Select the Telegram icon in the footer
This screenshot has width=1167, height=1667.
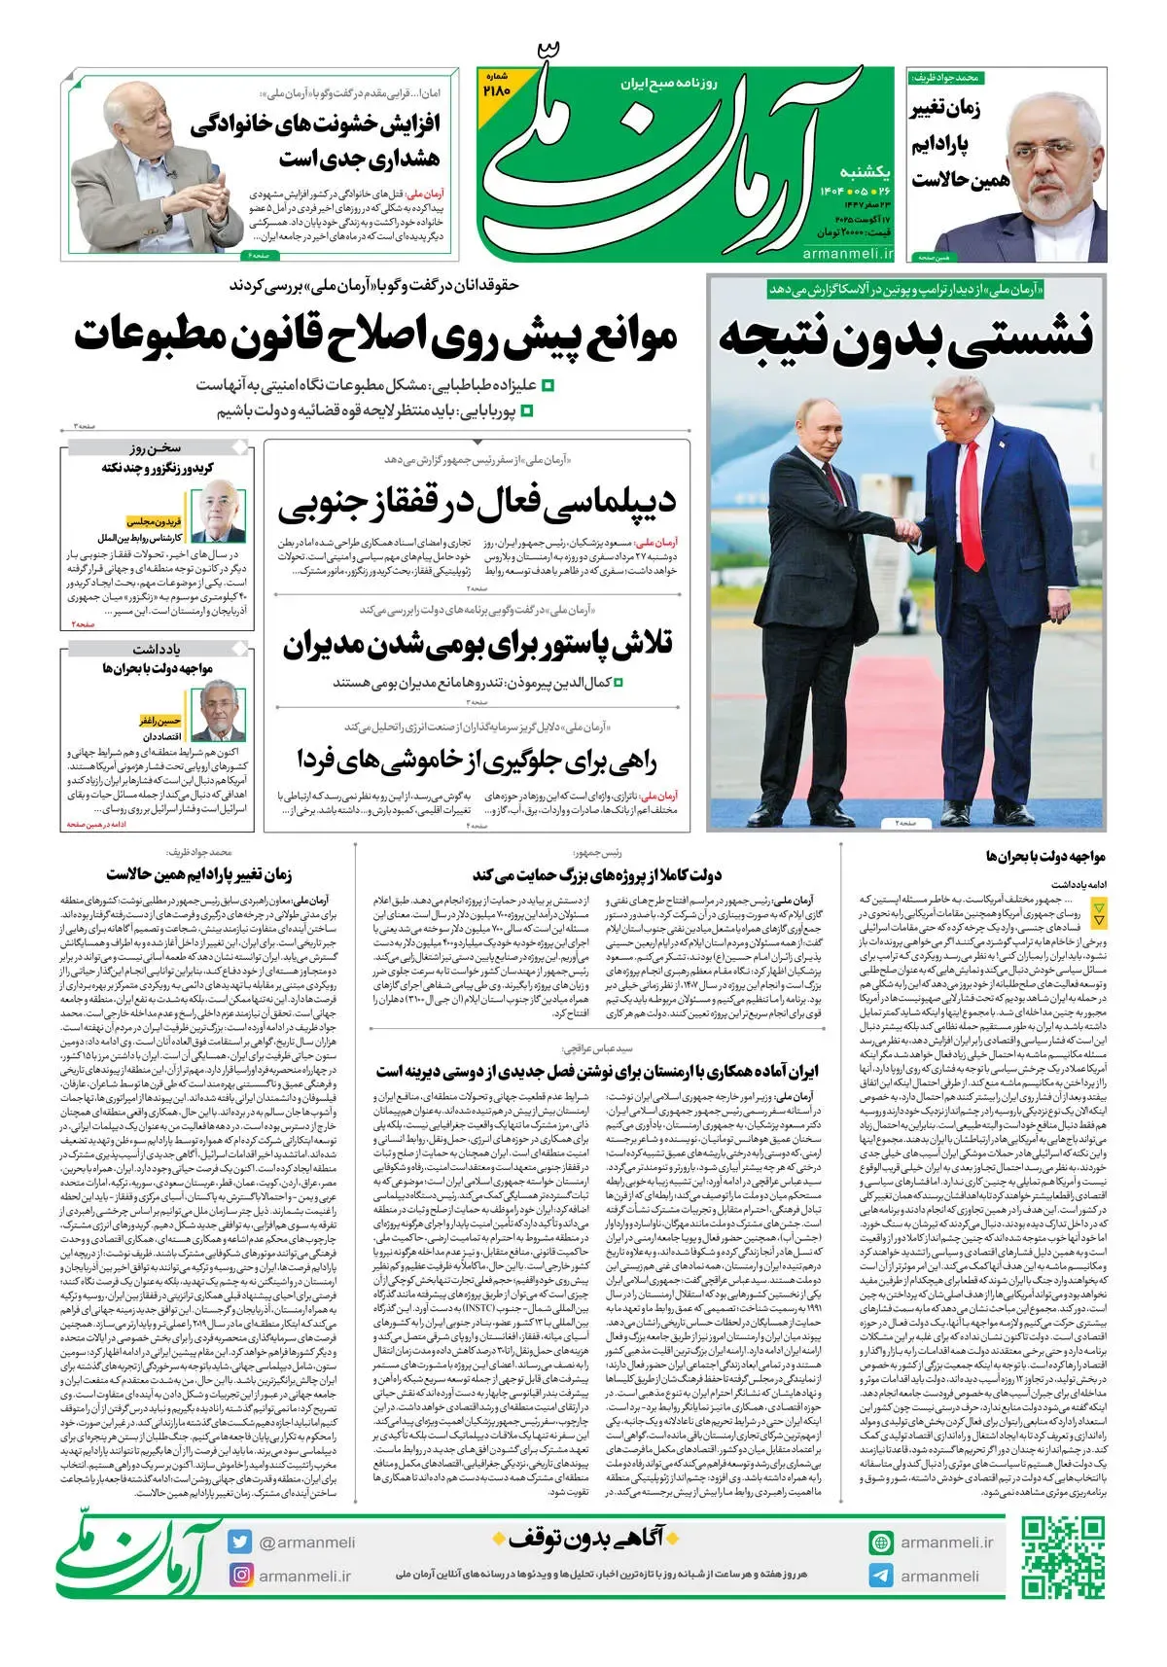881,1576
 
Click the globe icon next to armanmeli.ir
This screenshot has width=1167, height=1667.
881,1542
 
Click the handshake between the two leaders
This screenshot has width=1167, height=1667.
906,531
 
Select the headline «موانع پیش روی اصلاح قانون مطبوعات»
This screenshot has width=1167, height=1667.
375,337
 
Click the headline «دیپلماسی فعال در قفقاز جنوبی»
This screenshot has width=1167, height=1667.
477,502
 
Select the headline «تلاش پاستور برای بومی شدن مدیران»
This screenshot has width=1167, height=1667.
477,644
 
